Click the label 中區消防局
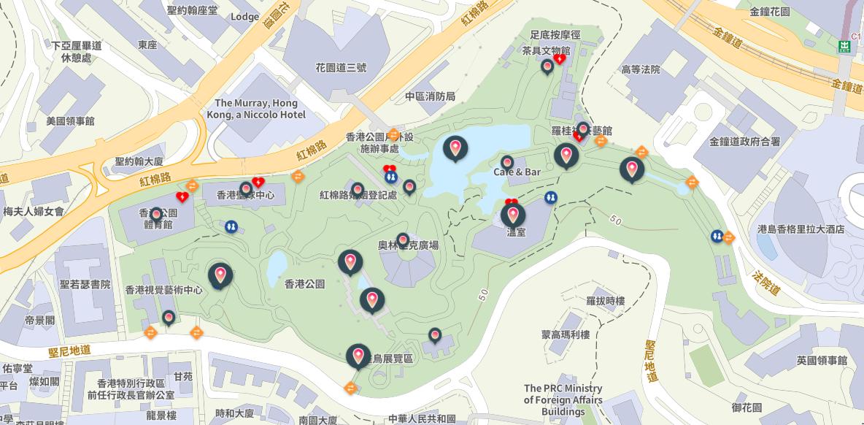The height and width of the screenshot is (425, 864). click(430, 96)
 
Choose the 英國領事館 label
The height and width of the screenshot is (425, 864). click(822, 361)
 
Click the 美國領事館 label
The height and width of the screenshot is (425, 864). click(70, 120)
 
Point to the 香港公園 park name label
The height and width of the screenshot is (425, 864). click(304, 283)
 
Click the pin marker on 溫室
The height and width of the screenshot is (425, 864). click(513, 215)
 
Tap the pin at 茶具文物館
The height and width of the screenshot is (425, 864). click(547, 66)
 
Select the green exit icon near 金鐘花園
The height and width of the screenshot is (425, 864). click(844, 47)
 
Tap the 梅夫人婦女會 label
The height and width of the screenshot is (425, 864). click(33, 211)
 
